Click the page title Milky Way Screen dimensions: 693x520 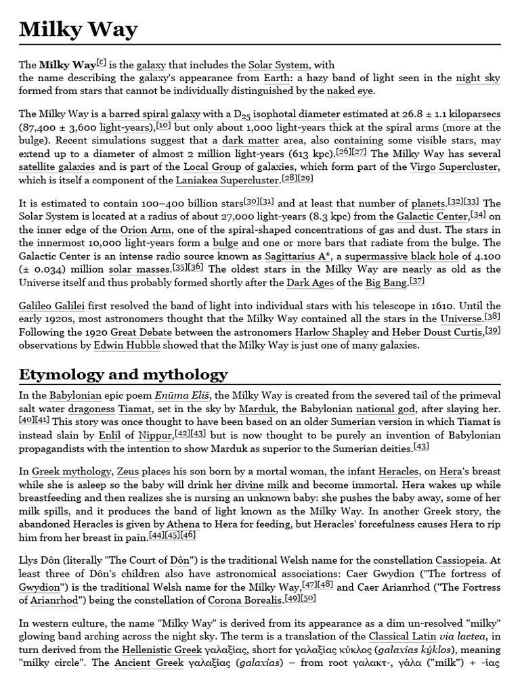(78, 29)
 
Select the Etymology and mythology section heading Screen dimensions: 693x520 (123, 374)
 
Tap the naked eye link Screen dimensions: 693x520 (350, 91)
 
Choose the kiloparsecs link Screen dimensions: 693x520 (473, 114)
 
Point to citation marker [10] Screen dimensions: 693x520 (163, 125)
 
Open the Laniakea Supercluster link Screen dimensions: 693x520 (227, 180)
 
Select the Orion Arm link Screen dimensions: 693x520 (144, 229)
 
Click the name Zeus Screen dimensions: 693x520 (128, 471)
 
